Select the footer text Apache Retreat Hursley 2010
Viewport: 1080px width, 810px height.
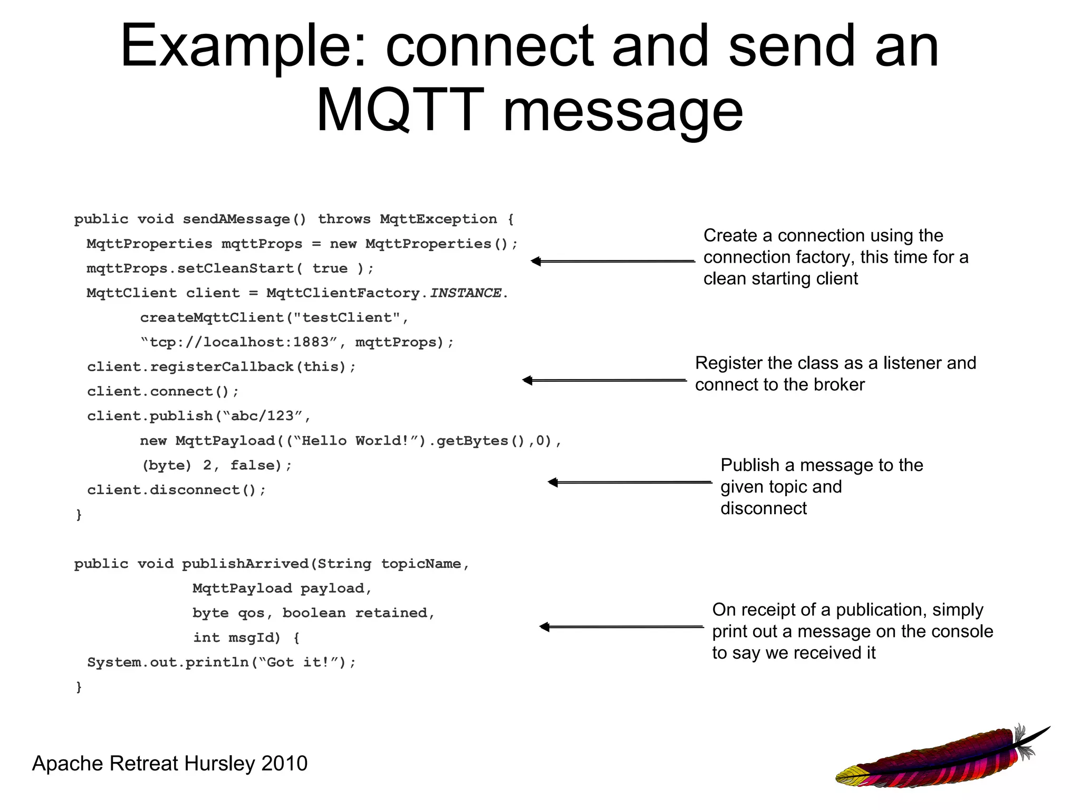(x=170, y=764)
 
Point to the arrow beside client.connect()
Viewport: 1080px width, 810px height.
(x=604, y=380)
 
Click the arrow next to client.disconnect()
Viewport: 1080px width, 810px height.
(x=630, y=482)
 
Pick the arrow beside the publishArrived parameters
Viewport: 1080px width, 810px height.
(x=621, y=627)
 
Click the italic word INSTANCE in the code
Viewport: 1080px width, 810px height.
(x=465, y=293)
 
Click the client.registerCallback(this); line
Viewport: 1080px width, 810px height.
(x=221, y=367)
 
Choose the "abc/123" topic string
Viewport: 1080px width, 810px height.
(x=263, y=416)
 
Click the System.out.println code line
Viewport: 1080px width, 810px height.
(x=221, y=662)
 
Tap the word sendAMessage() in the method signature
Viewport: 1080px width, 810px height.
(x=244, y=219)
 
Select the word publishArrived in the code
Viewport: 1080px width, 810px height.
(x=245, y=564)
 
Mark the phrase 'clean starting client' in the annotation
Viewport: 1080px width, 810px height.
(x=780, y=278)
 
